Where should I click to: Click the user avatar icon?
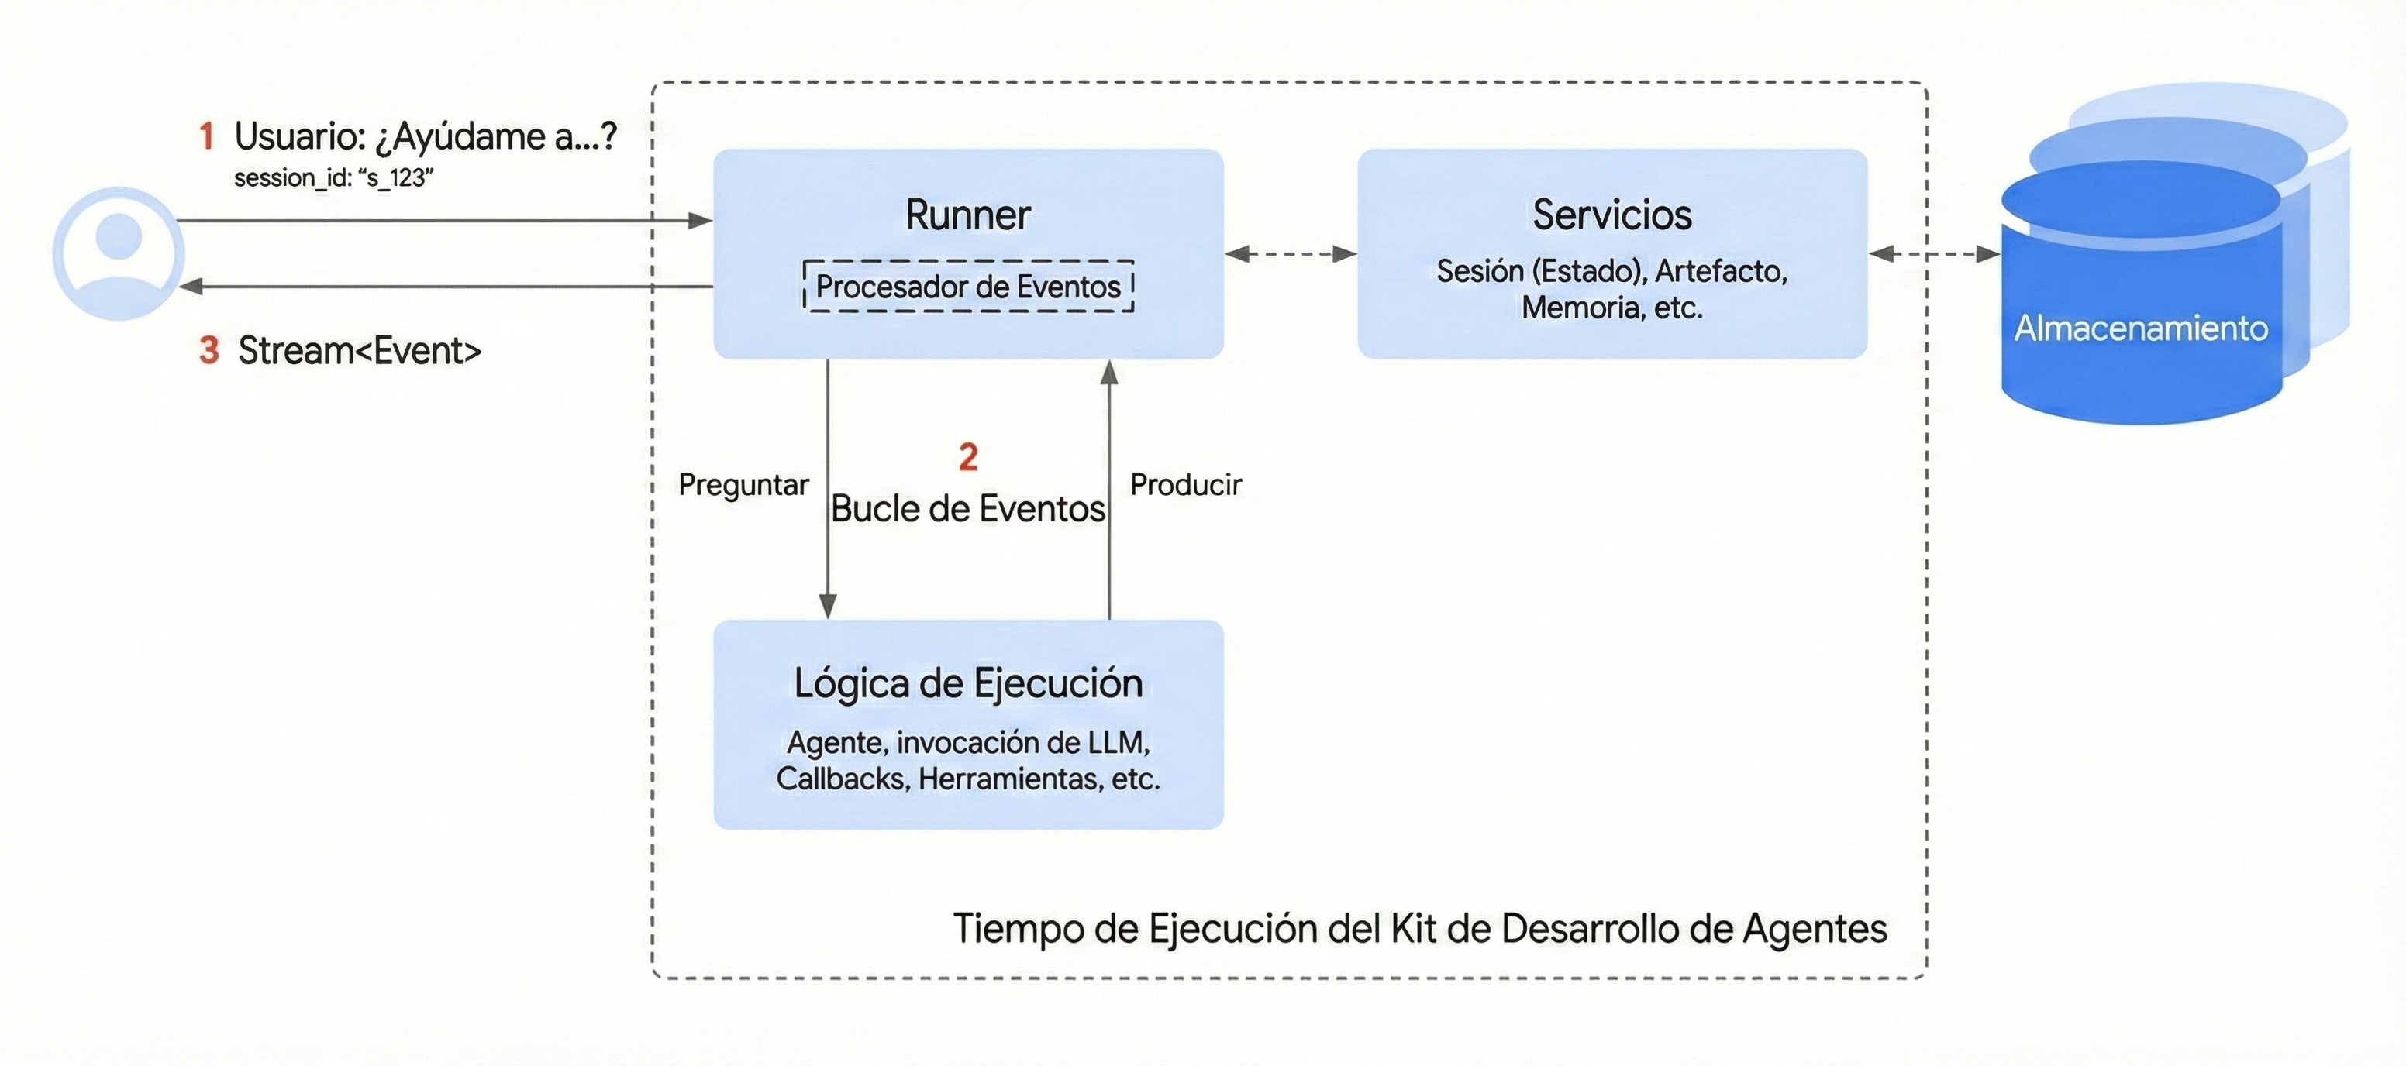click(119, 253)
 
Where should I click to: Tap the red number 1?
click(206, 136)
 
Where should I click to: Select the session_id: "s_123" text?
click(333, 177)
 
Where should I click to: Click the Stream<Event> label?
click(360, 351)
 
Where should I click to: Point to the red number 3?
click(209, 351)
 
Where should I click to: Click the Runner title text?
click(967, 215)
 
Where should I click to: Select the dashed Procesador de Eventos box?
click(967, 286)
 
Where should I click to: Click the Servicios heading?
click(1611, 215)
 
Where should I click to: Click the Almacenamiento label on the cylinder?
click(2140, 328)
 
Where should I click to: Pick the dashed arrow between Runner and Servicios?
click(1290, 253)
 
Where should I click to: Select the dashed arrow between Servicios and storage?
click(1933, 253)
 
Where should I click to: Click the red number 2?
click(967, 456)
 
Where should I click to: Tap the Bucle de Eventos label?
click(967, 509)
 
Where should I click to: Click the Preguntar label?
click(743, 484)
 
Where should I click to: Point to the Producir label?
click(1185, 484)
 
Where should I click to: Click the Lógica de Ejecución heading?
click(967, 683)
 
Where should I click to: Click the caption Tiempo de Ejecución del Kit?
click(1418, 929)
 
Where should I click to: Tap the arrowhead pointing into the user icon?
click(190, 287)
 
